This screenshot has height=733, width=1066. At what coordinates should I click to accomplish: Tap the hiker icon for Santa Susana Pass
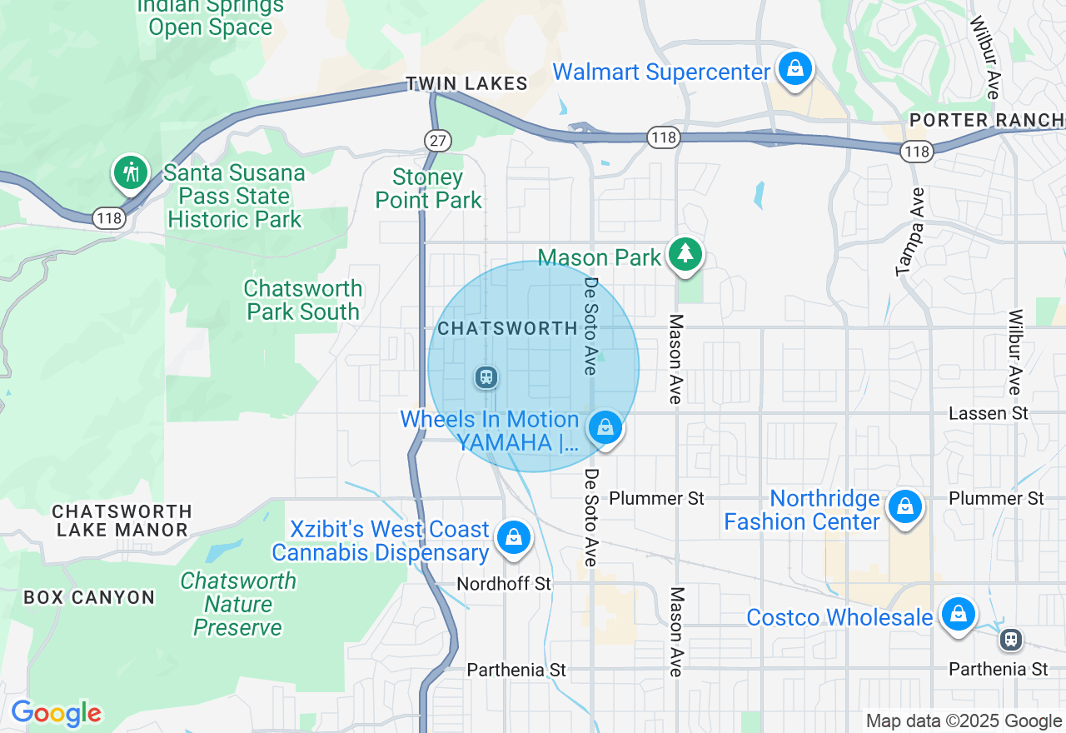(x=130, y=173)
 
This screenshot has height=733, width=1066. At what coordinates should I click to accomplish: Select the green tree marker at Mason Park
(x=685, y=253)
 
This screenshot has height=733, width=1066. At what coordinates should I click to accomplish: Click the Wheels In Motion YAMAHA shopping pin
(x=605, y=428)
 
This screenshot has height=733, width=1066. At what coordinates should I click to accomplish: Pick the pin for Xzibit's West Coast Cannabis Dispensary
(x=514, y=537)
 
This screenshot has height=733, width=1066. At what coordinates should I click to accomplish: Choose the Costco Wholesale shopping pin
(x=958, y=615)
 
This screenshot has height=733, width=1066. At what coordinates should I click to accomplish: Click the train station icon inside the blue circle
(x=486, y=377)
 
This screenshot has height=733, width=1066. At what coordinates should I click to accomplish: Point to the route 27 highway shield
(x=437, y=140)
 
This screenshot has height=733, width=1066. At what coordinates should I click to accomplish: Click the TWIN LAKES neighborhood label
(x=466, y=83)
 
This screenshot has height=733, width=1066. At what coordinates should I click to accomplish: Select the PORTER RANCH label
(x=987, y=121)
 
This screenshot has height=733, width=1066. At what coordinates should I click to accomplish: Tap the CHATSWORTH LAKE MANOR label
(x=122, y=521)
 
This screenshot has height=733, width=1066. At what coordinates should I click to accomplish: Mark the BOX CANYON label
(x=89, y=597)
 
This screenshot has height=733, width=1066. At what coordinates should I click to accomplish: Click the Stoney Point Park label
(x=428, y=189)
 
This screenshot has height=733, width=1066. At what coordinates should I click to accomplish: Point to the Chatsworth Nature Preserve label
(x=238, y=604)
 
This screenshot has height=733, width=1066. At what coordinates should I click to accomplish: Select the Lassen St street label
(x=989, y=413)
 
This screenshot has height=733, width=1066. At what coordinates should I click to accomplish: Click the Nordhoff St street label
(x=504, y=584)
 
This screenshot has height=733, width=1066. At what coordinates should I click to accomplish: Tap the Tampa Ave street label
(x=911, y=232)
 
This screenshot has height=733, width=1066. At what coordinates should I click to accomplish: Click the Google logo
(x=56, y=713)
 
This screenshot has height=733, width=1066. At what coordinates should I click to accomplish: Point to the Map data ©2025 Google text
(x=964, y=721)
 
